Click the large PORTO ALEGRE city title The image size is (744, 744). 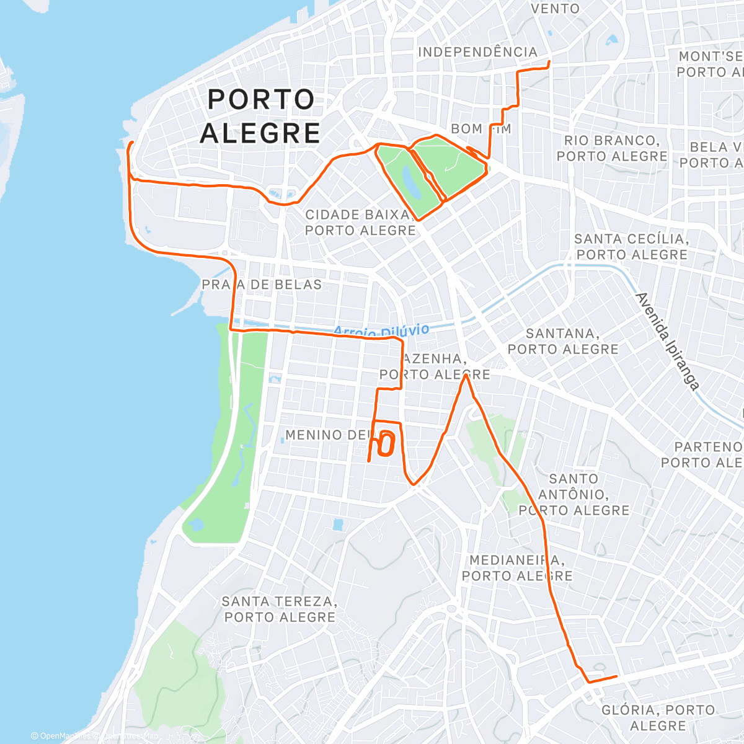click(260, 116)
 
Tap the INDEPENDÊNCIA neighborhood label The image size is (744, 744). click(477, 52)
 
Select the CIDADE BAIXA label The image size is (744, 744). click(360, 223)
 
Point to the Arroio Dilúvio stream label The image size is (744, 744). click(381, 330)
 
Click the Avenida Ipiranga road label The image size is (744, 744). click(668, 341)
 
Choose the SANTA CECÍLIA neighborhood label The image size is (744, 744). click(631, 247)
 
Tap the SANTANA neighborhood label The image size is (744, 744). click(563, 342)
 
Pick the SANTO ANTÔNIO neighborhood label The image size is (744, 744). click(573, 495)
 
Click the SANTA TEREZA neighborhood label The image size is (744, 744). click(280, 609)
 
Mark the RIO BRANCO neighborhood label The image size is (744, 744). click(612, 148)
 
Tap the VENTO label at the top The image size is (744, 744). click(555, 9)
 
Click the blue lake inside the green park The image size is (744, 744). click(410, 179)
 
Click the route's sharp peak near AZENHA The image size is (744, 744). click(466, 376)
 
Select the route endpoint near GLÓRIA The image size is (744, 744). click(617, 676)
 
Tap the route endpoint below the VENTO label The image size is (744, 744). click(549, 62)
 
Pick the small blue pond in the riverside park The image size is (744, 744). click(196, 525)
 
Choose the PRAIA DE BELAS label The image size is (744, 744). click(262, 285)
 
